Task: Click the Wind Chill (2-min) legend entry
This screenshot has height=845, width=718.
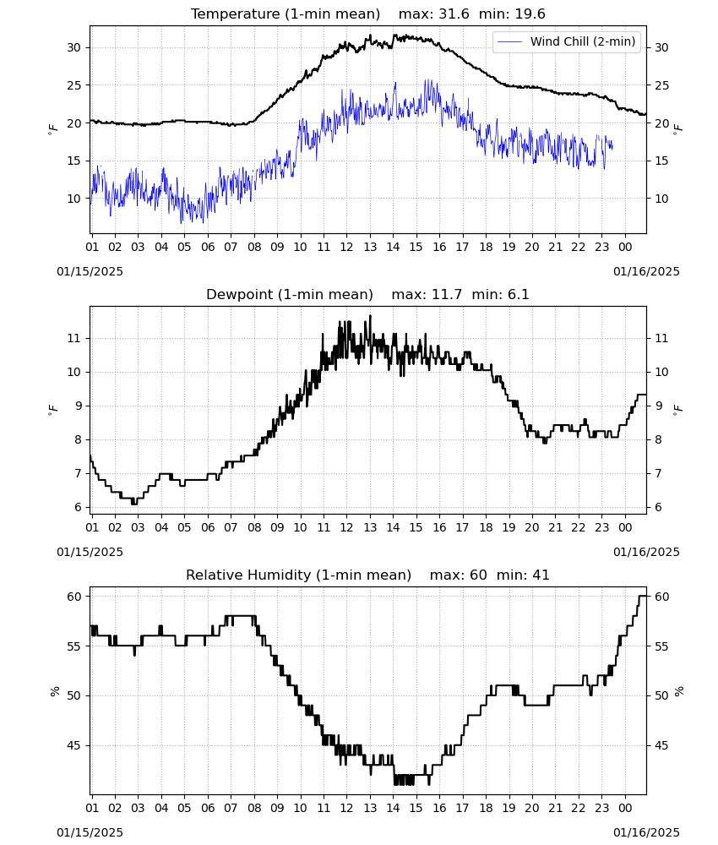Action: (567, 41)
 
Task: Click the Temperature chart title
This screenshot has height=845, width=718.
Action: (368, 14)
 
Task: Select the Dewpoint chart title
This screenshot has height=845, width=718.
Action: (368, 294)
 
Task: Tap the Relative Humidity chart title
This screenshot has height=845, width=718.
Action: (368, 575)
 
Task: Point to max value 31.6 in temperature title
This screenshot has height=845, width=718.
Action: (454, 14)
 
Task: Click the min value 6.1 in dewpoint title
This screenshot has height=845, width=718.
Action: (518, 294)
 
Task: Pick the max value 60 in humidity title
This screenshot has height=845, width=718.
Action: (478, 575)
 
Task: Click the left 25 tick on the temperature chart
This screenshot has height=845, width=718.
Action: (73, 85)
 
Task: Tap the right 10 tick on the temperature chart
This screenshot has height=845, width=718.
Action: (661, 199)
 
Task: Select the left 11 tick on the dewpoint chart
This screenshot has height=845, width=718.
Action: (73, 339)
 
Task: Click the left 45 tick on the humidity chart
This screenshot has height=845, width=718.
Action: (73, 745)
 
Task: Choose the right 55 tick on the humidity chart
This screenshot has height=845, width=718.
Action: (661, 646)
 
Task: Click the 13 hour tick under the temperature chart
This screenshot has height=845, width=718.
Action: (370, 247)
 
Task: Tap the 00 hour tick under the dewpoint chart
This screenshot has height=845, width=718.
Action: (625, 527)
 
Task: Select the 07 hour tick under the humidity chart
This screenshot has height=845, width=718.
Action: (231, 808)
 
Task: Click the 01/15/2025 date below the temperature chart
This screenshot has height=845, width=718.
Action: (90, 271)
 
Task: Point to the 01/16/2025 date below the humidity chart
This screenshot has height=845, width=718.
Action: (646, 832)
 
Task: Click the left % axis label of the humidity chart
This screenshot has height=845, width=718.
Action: (54, 691)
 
